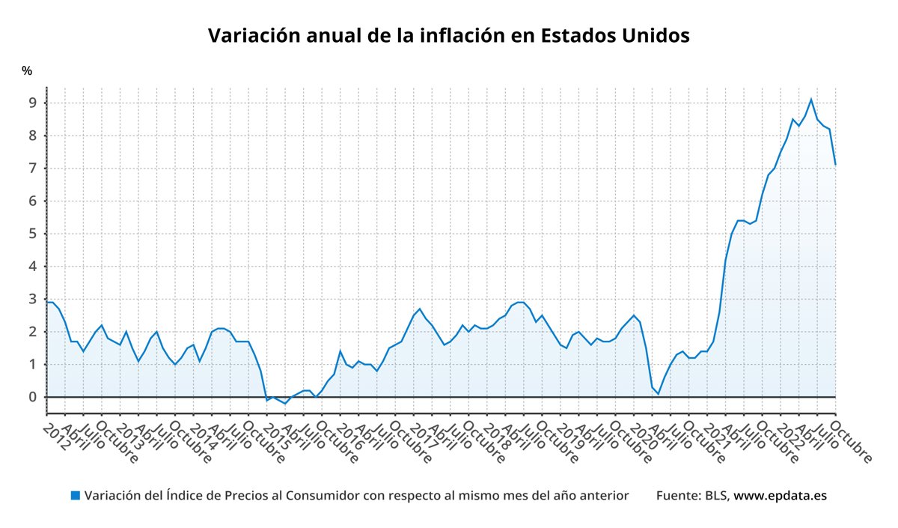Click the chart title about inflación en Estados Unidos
(x=448, y=35)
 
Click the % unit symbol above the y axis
(x=27, y=71)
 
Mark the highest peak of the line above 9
(x=811, y=99)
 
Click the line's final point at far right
(x=835, y=164)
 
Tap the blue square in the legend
(x=75, y=496)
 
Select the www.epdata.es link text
(x=780, y=496)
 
